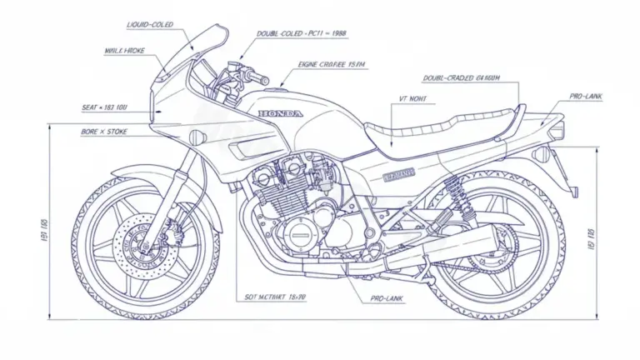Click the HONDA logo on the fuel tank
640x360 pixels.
point(281,113)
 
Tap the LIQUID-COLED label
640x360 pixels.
point(150,25)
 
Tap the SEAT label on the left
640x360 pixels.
point(104,107)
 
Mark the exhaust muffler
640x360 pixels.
point(450,250)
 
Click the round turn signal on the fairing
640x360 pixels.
point(197,136)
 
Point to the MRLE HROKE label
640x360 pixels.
point(125,50)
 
